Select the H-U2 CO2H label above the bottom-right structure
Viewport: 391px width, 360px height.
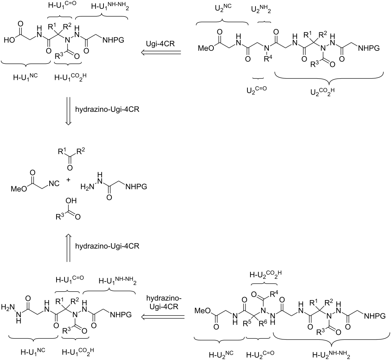coord(263,274)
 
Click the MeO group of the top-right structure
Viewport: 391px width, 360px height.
coord(205,49)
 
